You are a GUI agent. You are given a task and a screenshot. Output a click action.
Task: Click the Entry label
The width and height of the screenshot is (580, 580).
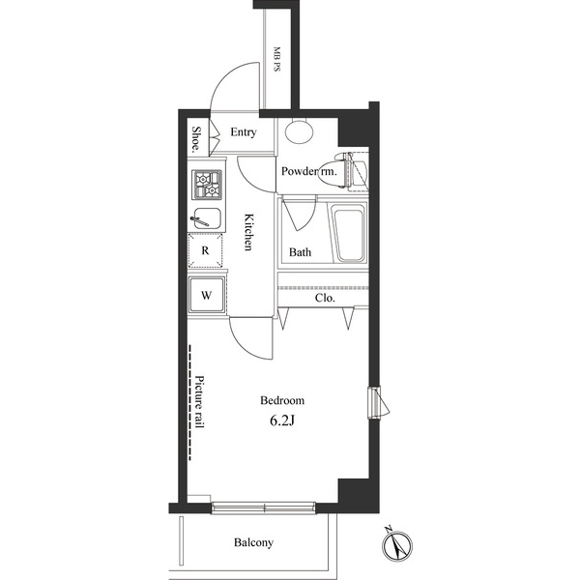244,132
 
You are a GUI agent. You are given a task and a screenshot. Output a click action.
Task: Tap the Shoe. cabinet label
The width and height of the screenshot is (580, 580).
196,140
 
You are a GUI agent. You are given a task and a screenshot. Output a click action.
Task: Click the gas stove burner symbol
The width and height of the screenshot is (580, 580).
208,182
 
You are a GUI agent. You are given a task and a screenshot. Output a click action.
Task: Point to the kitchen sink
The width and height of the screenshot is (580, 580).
207,217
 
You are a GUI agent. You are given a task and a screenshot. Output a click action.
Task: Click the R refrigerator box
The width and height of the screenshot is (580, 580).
206,250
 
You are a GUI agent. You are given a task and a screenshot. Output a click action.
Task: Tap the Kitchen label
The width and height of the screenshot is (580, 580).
248,232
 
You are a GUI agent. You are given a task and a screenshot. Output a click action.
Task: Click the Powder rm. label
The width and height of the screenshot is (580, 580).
308,172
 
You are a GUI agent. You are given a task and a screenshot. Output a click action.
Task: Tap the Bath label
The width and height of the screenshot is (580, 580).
300,253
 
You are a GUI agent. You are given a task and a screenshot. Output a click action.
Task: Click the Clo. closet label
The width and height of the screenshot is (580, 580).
326,299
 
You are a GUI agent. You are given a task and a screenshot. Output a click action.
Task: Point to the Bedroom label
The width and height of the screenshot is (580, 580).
282,400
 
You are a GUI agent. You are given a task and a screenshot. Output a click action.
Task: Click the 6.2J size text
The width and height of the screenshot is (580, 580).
282,422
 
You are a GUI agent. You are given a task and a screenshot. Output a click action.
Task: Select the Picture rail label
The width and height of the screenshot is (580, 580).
200,402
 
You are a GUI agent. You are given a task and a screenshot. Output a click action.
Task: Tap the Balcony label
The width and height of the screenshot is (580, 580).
254,543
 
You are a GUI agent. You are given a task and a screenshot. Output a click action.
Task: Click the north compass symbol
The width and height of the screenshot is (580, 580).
398,546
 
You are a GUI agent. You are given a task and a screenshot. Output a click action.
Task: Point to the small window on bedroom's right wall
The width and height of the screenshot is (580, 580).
373,401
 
